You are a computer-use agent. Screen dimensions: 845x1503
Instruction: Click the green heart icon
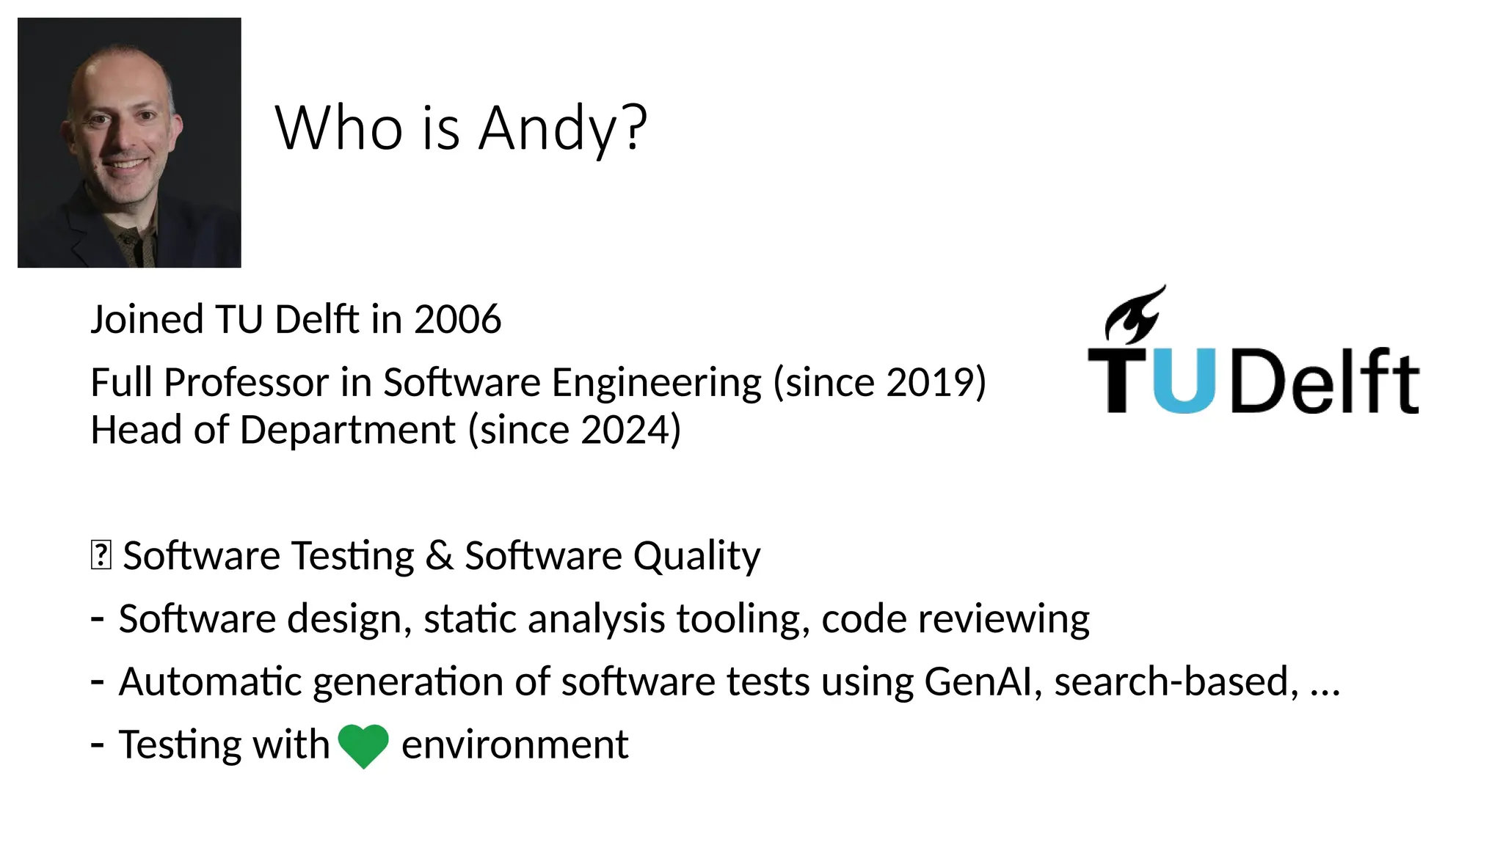363,745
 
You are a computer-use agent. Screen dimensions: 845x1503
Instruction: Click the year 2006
457,320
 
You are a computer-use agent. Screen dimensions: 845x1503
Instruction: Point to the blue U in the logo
1184,381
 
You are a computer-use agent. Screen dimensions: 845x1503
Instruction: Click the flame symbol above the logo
1134,315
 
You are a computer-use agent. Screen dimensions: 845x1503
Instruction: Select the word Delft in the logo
1325,381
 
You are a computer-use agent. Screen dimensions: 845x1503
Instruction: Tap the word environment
514,745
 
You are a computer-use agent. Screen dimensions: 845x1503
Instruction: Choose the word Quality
696,556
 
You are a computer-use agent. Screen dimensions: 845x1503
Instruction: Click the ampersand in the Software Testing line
439,555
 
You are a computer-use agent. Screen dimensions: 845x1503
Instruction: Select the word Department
347,430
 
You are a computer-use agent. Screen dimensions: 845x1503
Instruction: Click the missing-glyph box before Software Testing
101,555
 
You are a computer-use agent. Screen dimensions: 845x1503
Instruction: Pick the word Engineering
657,384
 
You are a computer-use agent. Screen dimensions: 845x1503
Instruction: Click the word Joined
147,321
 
